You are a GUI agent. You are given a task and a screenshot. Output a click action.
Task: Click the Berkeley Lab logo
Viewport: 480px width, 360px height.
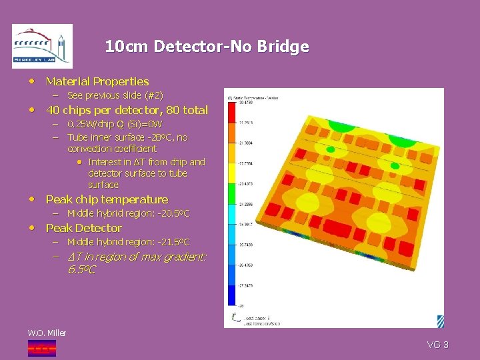tap(42, 47)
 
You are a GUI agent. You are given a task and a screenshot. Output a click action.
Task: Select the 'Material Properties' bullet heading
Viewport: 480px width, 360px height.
tap(97, 81)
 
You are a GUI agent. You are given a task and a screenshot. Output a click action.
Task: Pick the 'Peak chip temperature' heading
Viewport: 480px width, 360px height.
tap(107, 199)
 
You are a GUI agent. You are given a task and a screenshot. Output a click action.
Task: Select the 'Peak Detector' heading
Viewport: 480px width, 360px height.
tap(83, 228)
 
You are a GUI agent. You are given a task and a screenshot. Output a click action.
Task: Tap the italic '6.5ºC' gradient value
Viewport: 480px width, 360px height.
tap(81, 270)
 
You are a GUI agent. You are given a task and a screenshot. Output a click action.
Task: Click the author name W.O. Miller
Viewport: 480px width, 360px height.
tap(47, 333)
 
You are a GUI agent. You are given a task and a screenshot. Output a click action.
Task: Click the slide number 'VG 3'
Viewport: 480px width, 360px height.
tap(437, 345)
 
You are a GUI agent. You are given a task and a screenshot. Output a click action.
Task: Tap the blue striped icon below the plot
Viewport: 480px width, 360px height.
tap(440, 321)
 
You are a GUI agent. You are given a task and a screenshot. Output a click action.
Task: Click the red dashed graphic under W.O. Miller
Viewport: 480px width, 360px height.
tap(41, 347)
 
